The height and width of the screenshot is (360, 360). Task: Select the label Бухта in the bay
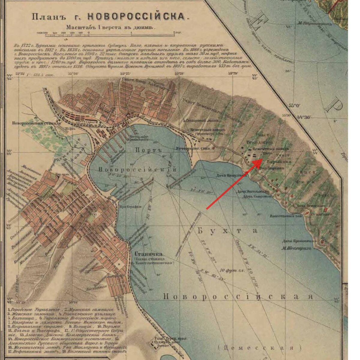coord(228,230)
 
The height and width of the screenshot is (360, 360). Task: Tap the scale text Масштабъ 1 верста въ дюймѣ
coord(111,27)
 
